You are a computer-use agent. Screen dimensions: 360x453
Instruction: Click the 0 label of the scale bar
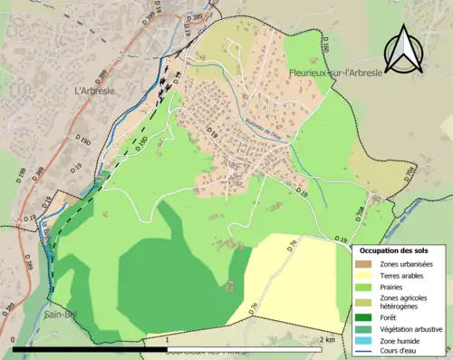click(x=14, y=340)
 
